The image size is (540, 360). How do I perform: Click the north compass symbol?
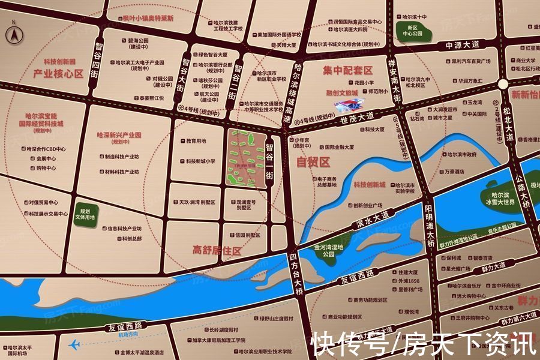(x=12, y=35)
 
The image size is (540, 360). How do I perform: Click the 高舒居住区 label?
(x=217, y=250)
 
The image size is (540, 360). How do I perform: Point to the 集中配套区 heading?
(x=347, y=71)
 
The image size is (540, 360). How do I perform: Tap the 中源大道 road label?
(x=463, y=44)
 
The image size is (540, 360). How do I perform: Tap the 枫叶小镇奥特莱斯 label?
(x=147, y=19)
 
